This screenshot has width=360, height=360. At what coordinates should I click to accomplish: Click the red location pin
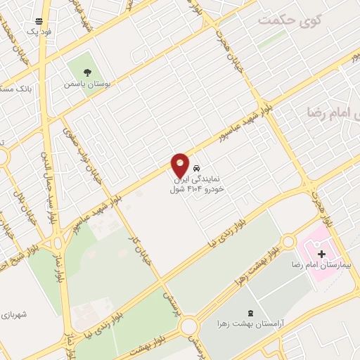click(x=180, y=166)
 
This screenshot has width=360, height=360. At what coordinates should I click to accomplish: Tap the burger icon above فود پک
click(x=38, y=21)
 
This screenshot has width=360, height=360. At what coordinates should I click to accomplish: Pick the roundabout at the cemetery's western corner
click(x=188, y=326)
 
